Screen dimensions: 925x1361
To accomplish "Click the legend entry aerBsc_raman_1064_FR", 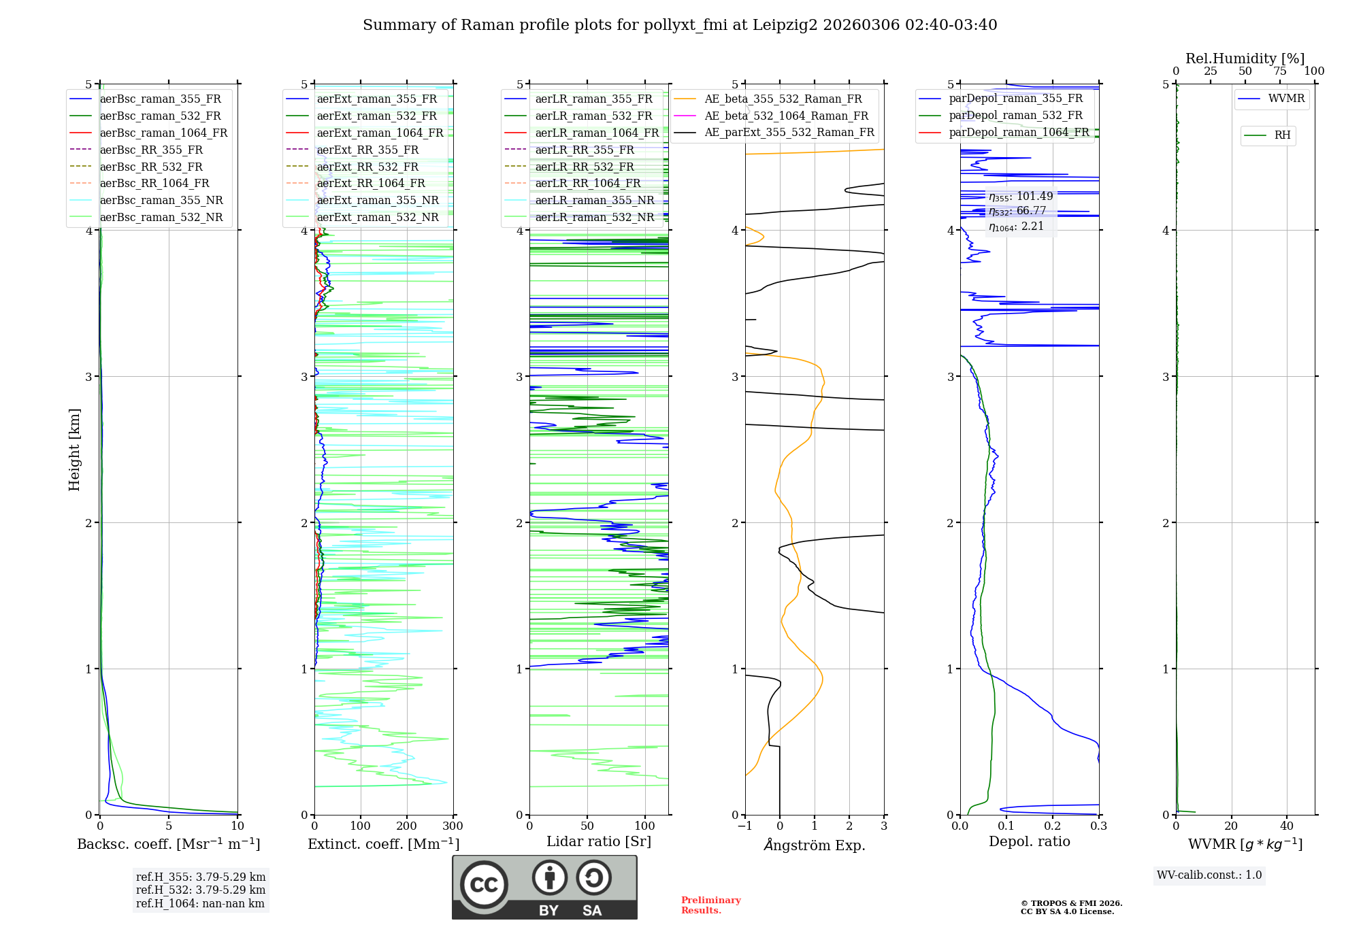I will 163,133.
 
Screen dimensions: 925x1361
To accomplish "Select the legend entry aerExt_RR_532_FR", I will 367,167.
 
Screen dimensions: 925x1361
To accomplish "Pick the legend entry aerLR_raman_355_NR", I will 594,201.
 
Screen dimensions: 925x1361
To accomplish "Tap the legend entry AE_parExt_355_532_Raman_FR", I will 789,133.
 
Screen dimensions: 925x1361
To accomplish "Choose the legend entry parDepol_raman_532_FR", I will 1015,116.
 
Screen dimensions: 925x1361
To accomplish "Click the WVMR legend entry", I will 1286,99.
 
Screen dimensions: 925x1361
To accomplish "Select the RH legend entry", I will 1282,135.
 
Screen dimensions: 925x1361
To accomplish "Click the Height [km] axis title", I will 74,450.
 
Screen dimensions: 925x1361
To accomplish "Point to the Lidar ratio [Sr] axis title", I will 599,841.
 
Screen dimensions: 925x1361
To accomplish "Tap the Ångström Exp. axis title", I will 815,845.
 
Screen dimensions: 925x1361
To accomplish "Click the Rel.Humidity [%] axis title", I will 1245,58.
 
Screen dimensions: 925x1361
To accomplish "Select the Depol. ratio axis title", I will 1029,842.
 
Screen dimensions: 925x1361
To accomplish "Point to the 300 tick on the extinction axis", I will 453,826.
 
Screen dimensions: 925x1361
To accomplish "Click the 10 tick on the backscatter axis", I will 237,826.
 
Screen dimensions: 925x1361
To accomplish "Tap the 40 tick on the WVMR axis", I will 1286,826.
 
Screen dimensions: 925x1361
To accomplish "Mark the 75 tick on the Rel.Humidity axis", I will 1280,71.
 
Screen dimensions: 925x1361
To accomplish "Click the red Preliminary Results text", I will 710,905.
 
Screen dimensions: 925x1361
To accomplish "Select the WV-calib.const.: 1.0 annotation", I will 1209,875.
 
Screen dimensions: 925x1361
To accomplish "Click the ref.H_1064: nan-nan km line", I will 200,904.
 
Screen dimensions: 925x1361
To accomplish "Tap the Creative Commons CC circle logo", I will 484,885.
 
